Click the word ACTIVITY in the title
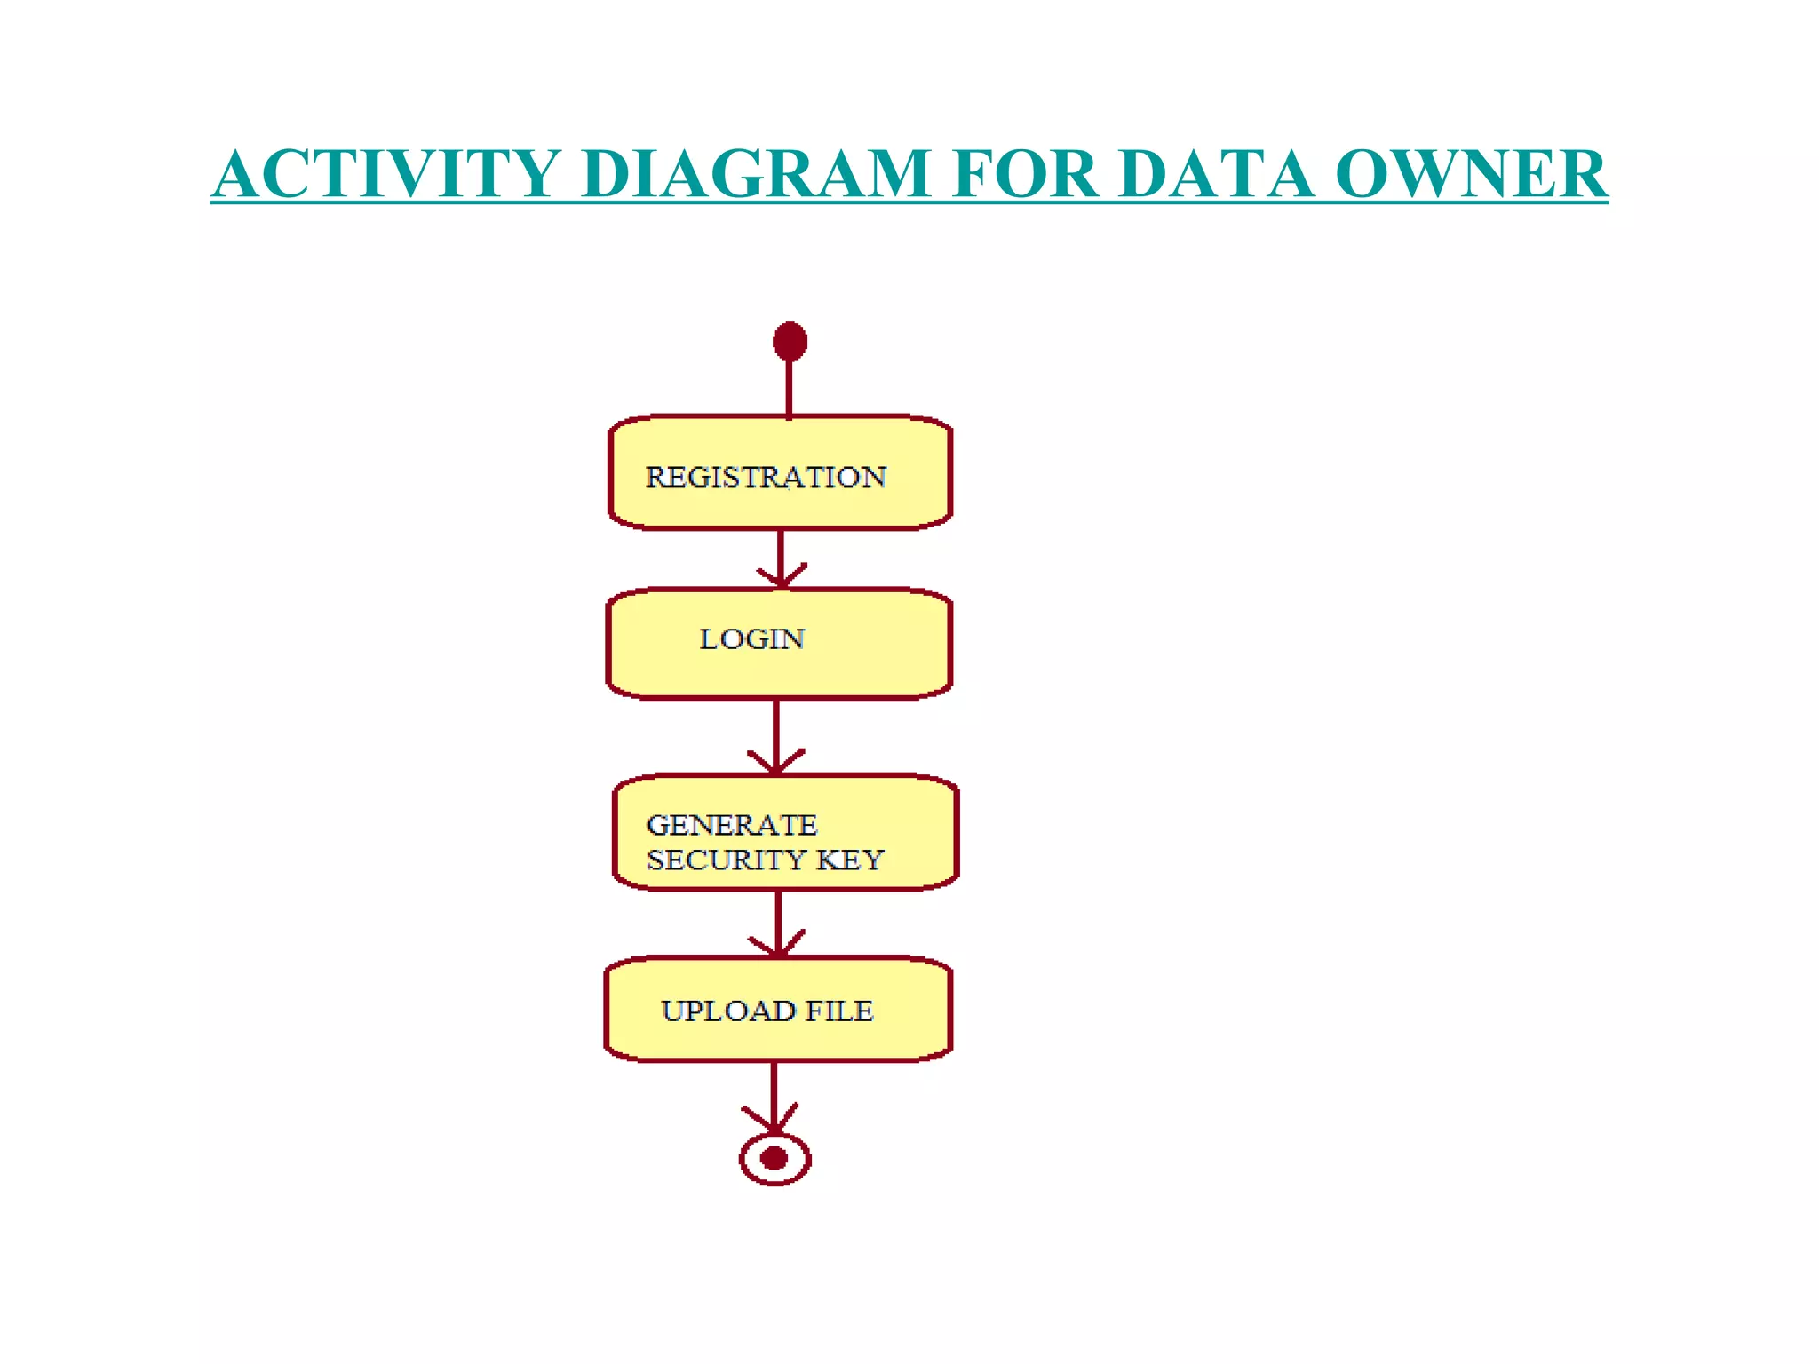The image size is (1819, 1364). (x=387, y=173)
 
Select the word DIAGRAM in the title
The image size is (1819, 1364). (x=755, y=173)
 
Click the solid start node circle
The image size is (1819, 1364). (x=790, y=341)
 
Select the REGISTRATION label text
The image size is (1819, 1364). (x=766, y=477)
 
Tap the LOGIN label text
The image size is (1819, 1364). (x=751, y=639)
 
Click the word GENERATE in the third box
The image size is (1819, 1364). (x=732, y=825)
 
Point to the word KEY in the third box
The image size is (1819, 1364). (x=850, y=860)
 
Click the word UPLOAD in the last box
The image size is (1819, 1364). (x=728, y=1011)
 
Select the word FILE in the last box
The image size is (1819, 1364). (x=839, y=1011)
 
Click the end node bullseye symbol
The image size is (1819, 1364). (x=774, y=1158)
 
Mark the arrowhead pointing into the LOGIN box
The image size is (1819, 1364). (x=781, y=578)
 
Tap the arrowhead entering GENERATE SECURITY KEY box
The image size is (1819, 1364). (x=776, y=763)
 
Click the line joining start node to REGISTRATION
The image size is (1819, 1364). (x=790, y=389)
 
